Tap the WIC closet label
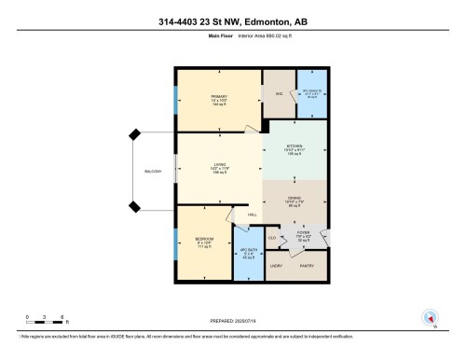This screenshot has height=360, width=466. coord(278,94)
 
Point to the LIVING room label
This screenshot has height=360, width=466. coord(220,165)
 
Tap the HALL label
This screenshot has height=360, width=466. coord(252,216)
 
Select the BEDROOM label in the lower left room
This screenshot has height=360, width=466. coord(205,239)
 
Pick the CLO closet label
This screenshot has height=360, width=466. coord(272,238)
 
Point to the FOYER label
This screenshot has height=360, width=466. coord(303,232)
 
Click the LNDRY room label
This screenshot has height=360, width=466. coord(277,268)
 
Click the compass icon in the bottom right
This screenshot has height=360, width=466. coord(430,319)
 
